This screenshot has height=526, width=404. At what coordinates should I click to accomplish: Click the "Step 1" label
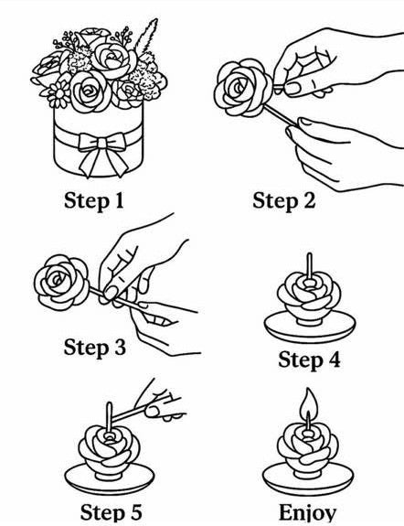94,200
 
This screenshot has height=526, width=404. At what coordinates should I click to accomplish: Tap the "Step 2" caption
284,200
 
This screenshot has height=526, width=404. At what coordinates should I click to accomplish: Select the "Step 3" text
95,348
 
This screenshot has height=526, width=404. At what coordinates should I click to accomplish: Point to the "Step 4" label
309,360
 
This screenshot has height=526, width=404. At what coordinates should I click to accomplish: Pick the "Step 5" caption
111,512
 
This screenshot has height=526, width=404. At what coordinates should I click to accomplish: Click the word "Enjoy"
307,513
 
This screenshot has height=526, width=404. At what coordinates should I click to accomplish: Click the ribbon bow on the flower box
103,153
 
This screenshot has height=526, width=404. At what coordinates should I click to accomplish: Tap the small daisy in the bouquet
60,94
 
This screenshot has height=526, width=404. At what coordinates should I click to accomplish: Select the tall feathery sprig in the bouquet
145,37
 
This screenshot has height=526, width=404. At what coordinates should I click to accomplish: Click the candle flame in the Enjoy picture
308,403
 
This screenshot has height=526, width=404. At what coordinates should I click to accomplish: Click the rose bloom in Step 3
61,282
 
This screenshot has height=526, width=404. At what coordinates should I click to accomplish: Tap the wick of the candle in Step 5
110,417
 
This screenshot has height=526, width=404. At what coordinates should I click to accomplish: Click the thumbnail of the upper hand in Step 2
292,88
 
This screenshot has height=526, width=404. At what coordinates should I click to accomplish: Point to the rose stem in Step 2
281,116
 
